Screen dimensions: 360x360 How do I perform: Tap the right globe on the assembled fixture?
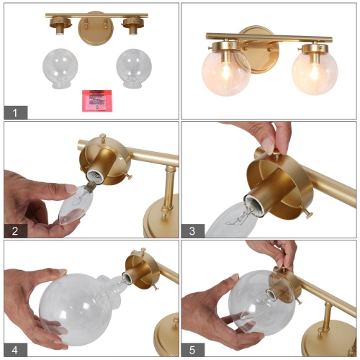click(315, 73)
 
